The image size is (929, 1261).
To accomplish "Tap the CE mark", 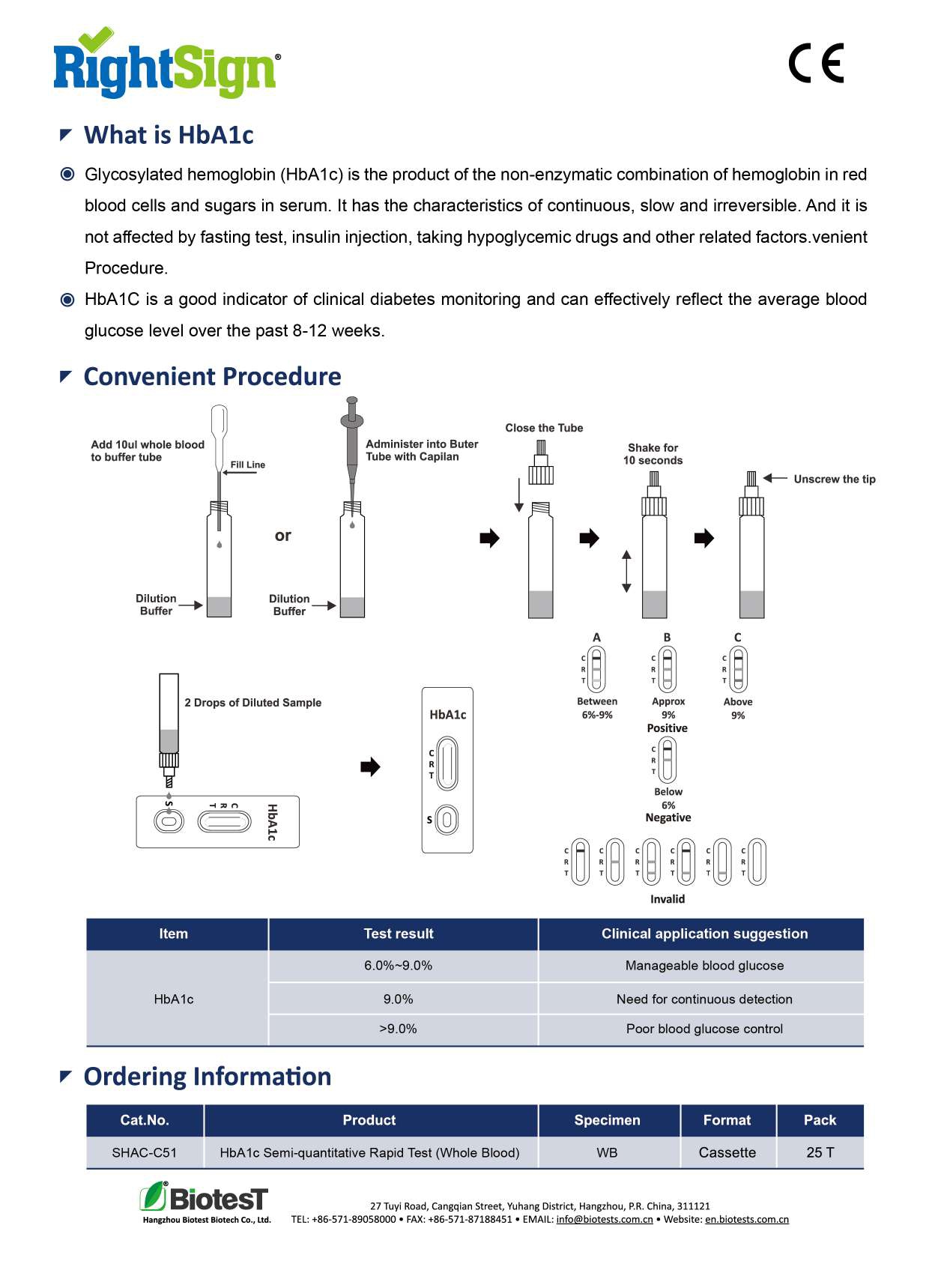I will pyautogui.click(x=816, y=63).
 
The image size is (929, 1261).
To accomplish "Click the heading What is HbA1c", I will pyautogui.click(x=169, y=135).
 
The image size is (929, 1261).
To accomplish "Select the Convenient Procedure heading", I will pyautogui.click(x=212, y=376).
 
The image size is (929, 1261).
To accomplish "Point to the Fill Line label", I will pyautogui.click(x=247, y=465).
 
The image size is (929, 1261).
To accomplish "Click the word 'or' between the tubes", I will pyautogui.click(x=282, y=536).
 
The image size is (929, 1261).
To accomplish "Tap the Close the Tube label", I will pyautogui.click(x=544, y=428).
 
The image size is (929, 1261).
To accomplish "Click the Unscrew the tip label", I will pyautogui.click(x=835, y=479).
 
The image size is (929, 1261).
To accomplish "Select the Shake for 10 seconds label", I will pyautogui.click(x=653, y=454).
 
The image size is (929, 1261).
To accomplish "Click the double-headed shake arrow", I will pyautogui.click(x=626, y=571).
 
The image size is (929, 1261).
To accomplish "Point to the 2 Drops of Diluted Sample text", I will pyautogui.click(x=253, y=703).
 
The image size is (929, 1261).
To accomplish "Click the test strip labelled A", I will pyautogui.click(x=596, y=669).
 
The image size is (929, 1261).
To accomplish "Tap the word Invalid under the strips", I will pyautogui.click(x=667, y=899).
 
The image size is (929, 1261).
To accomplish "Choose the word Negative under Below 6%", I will pyautogui.click(x=668, y=817).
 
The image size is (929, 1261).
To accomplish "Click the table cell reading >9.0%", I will pyautogui.click(x=398, y=1029).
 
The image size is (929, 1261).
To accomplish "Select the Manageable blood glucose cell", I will pyautogui.click(x=704, y=966).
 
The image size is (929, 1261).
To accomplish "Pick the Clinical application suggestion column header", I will pyautogui.click(x=704, y=934).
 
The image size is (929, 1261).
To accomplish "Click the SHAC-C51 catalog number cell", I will pyautogui.click(x=145, y=1152).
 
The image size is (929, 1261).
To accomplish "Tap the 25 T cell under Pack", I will pyautogui.click(x=820, y=1152).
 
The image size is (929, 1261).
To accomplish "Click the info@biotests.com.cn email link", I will pyautogui.click(x=605, y=1219).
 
